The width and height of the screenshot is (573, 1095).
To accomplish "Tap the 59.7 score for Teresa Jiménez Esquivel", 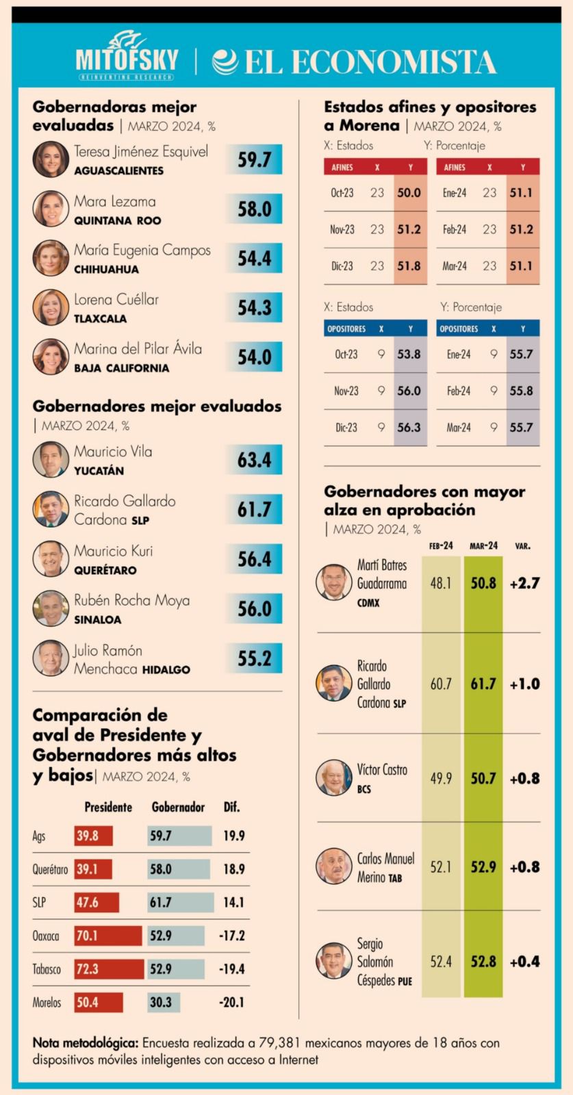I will pos(254,159).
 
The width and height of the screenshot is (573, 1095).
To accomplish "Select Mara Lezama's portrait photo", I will pos(51,209).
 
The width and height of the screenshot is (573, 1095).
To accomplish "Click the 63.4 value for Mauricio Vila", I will pos(254,460).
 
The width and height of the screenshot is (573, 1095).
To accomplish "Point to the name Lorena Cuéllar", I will pos(116,300).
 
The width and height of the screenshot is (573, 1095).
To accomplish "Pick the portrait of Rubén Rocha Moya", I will pos(51,608).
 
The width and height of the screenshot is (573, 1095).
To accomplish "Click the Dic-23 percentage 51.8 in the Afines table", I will pos(409,266).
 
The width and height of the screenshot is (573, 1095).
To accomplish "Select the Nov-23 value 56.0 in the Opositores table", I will pos(409,391).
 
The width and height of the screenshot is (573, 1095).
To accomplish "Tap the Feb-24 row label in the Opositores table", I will pos(458,391).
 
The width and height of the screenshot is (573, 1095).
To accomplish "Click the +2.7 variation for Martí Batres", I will pos(524,584).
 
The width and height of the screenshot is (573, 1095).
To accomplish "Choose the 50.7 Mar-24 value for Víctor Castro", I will pos(483,779).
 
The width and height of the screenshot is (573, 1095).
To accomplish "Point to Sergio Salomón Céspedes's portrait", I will pos(334,961).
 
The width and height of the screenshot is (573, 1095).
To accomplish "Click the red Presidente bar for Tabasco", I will pos(109,969).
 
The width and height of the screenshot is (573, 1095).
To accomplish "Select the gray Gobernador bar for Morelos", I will pos(164,1003).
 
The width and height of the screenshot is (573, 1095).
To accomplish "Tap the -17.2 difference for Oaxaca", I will pos(232,936).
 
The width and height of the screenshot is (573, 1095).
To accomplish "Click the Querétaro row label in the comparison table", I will pos(50,869).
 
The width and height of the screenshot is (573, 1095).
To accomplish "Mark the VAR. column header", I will pos(522,546).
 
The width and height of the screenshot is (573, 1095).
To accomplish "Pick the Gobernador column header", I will pos(178,808).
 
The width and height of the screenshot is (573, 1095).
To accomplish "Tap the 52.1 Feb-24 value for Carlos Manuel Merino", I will pos(440,867).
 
